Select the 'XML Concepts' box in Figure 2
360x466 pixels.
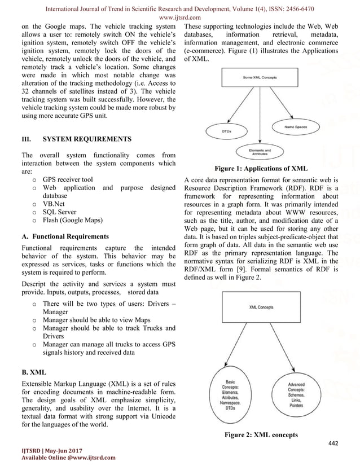pyautogui.click(x=261, y=308)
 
